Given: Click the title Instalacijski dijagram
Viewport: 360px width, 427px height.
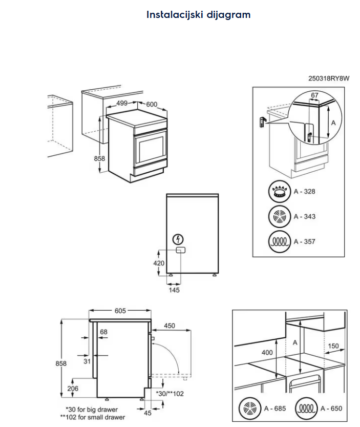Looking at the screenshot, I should click(x=198, y=14).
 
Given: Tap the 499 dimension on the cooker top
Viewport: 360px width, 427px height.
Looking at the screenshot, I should click(x=121, y=103).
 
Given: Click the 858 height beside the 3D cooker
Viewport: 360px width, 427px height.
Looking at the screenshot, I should click(x=99, y=158).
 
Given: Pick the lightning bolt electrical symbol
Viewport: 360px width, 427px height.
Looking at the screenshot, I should click(x=178, y=238).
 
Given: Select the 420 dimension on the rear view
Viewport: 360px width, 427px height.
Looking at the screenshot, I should click(x=159, y=263).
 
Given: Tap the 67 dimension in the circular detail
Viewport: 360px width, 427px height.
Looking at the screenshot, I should click(x=314, y=95).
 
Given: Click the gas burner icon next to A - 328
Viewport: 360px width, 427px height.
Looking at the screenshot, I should click(x=279, y=192).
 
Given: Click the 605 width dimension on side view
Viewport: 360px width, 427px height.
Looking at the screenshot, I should click(x=120, y=311).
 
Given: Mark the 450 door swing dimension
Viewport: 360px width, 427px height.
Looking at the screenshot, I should click(x=170, y=326).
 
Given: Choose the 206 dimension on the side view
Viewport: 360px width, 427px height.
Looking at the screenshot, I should click(x=73, y=389).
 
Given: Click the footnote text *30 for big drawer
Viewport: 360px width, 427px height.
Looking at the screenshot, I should click(x=92, y=410).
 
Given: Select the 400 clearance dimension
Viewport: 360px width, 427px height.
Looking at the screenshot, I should click(x=267, y=353).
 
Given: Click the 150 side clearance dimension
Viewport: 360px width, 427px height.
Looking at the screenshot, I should click(x=333, y=346).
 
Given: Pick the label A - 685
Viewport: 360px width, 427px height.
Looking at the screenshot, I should click(x=274, y=409).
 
